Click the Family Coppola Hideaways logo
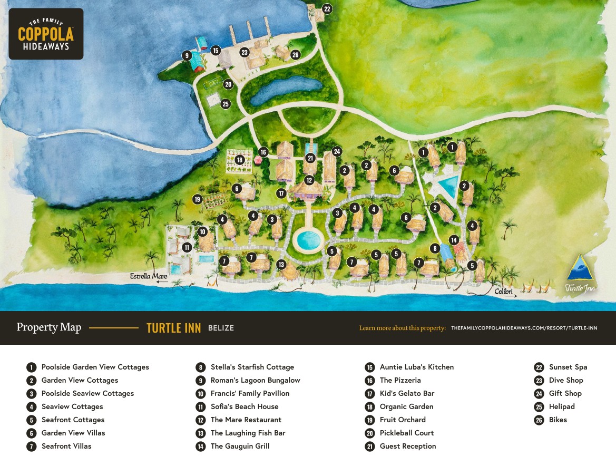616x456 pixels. click(46, 34)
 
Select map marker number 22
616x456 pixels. click(327, 9)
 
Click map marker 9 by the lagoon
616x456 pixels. click(186, 55)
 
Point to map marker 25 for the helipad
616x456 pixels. click(226, 104)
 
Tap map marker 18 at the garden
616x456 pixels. click(240, 160)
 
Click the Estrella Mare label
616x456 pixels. click(149, 276)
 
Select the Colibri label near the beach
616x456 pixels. click(503, 291)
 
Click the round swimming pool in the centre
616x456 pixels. click(308, 240)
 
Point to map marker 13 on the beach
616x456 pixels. click(281, 265)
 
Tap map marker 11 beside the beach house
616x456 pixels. click(187, 247)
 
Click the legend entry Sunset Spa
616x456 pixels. click(568, 367)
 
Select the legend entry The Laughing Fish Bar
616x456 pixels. click(248, 433)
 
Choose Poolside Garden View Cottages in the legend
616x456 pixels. click(95, 367)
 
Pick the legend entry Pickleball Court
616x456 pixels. click(406, 433)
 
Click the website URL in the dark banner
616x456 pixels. click(524, 328)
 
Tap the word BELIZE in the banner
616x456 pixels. click(221, 328)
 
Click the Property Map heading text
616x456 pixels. click(49, 327)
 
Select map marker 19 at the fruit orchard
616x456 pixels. click(197, 199)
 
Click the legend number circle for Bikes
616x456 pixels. click(539, 420)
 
